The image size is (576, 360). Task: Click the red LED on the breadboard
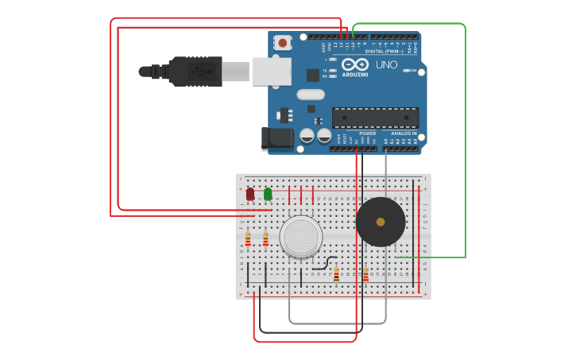250,193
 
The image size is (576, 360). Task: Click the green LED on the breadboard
268,193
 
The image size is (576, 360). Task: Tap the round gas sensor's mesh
301,236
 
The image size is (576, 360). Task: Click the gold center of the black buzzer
381,222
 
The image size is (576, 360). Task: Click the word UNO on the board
386,64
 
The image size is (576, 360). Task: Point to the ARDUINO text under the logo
355,74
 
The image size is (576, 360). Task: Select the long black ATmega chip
375,118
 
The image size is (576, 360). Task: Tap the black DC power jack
276,138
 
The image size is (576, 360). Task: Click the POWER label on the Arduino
367,134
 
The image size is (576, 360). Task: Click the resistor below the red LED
248,238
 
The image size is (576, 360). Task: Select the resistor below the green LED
265,238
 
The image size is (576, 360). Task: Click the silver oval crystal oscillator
311,95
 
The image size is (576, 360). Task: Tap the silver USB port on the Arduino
272,71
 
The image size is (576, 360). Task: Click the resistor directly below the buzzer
365,275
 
